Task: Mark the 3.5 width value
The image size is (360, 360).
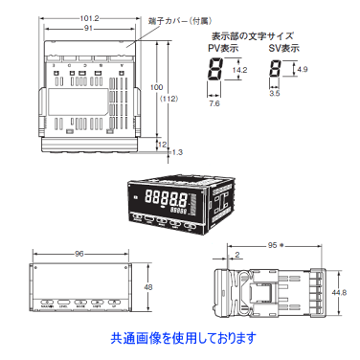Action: pyautogui.click(x=274, y=93)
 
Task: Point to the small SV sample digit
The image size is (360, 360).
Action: pyautogui.click(x=275, y=69)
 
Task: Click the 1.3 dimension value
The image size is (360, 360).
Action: pyautogui.click(x=177, y=151)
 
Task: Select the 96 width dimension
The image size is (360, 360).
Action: pyautogui.click(x=79, y=254)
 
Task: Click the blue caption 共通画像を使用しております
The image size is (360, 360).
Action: pyautogui.click(x=183, y=337)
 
